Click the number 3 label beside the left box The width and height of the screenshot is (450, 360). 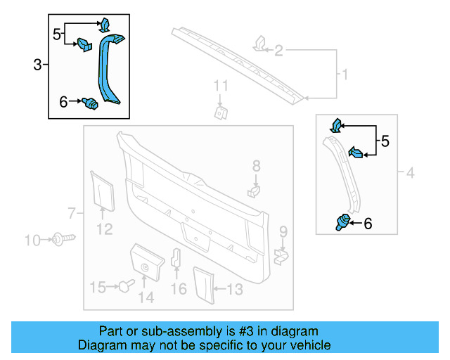click(37, 65)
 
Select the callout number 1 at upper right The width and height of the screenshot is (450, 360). click(345, 74)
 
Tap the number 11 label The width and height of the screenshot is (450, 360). click(221, 86)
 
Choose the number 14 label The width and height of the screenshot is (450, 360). click(146, 297)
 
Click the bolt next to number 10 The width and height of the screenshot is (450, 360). click(60, 240)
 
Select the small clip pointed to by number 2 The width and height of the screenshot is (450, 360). click(259, 44)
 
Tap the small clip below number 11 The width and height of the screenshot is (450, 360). click(220, 111)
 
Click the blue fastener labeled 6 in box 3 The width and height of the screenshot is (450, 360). click(89, 103)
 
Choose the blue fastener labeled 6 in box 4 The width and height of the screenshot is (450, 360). click(342, 223)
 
